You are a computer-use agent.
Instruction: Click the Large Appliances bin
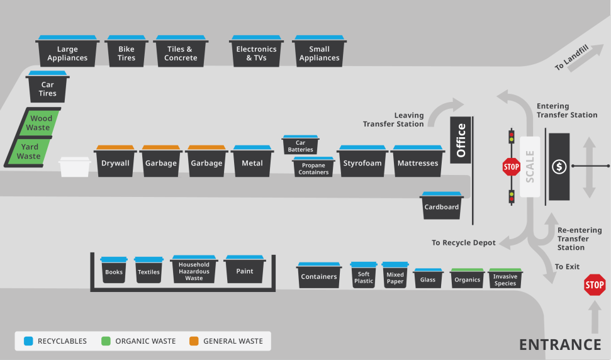pos(67,53)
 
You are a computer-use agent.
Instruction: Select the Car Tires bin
pos(48,88)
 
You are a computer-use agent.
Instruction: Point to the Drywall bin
pos(115,162)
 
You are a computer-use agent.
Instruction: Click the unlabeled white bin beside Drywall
pos(75,167)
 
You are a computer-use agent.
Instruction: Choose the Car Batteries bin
pos(300,145)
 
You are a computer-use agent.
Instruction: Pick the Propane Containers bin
pos(313,168)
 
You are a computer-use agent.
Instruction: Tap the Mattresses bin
pos(418,162)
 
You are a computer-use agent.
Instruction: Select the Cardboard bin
pos(442,206)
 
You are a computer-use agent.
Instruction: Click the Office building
pos(461,140)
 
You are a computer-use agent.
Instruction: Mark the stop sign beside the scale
pos(511,167)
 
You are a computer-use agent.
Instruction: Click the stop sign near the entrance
pos(594,285)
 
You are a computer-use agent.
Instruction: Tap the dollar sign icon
pos(559,167)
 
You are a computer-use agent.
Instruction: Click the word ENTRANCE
pos(559,344)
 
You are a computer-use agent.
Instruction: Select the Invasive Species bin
pos(505,279)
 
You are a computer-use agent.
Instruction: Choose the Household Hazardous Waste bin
pos(194,271)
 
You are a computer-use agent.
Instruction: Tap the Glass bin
pos(428,279)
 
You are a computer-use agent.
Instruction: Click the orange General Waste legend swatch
pos(194,341)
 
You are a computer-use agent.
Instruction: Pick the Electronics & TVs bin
pos(256,53)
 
